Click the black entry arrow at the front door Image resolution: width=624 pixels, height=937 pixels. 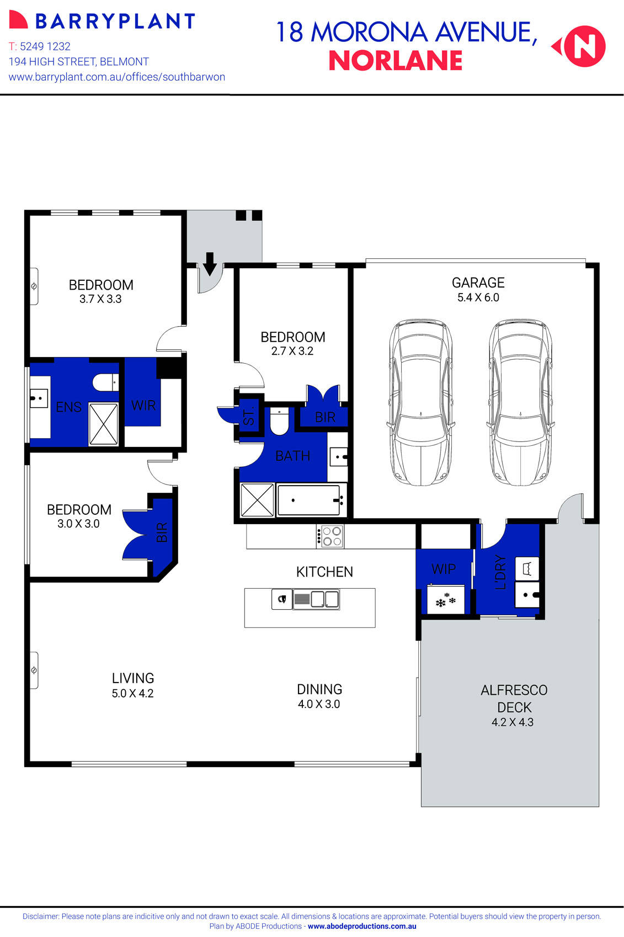(210, 264)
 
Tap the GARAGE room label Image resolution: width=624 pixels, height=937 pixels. (478, 283)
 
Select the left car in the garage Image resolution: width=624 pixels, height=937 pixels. (420, 402)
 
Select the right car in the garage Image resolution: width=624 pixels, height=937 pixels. (520, 402)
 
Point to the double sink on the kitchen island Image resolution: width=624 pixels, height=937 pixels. (316, 599)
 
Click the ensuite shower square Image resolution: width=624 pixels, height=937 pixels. (103, 424)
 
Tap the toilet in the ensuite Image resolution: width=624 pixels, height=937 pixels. (105, 382)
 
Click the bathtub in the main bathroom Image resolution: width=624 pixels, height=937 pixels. (309, 501)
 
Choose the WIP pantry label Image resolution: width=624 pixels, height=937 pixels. (444, 569)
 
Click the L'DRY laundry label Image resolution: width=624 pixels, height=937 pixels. (500, 572)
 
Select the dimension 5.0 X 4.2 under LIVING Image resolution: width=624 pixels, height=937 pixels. (132, 694)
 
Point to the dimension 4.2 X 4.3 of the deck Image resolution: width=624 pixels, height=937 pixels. (513, 722)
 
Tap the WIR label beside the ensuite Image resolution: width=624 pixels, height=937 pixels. (143, 406)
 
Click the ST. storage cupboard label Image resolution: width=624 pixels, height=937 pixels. (249, 416)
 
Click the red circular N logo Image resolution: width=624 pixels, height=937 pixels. (585, 47)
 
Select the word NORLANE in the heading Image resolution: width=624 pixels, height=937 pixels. (396, 61)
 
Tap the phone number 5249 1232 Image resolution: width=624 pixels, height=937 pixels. (45, 46)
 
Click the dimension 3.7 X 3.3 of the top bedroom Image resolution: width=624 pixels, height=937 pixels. (100, 299)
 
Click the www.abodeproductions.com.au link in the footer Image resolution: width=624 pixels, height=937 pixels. (362, 926)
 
